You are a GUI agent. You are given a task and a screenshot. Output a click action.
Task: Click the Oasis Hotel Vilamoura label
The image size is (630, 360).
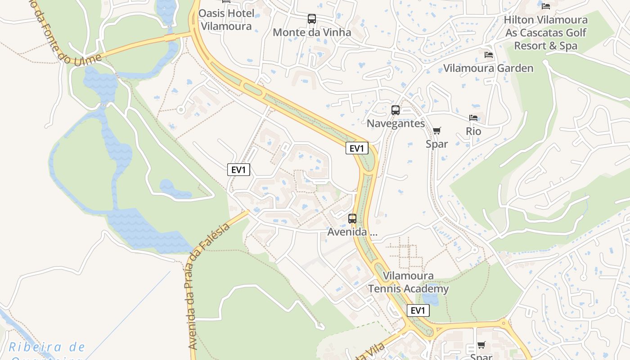(225, 20)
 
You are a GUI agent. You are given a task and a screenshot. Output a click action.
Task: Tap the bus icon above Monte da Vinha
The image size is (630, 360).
(311, 19)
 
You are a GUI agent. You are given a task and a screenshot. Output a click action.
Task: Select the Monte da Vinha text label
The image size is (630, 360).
(312, 32)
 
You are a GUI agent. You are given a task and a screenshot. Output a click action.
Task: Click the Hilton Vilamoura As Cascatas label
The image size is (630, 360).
(545, 33)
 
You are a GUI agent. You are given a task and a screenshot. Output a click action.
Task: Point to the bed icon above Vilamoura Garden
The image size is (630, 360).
(488, 55)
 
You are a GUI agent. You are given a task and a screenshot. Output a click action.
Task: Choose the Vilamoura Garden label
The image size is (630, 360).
(488, 68)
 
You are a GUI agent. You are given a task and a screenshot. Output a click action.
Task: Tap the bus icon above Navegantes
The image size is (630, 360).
(396, 110)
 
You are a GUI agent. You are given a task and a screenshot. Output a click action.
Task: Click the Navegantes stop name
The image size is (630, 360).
(396, 123)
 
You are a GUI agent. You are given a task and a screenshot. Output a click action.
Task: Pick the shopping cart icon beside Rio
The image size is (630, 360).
(436, 131)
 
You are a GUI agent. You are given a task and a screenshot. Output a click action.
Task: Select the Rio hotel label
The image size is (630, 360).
(473, 131)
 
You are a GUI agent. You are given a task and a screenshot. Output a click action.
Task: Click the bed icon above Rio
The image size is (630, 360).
(473, 118)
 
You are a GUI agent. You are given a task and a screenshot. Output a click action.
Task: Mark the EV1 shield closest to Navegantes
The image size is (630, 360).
(357, 148)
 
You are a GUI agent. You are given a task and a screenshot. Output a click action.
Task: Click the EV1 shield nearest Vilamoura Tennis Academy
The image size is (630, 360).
(418, 310)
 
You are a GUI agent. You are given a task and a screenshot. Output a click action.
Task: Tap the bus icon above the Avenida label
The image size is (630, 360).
(352, 219)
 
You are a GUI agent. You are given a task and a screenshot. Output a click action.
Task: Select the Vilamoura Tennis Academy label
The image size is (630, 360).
(408, 282)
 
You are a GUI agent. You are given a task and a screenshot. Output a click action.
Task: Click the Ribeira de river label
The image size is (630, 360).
(47, 347)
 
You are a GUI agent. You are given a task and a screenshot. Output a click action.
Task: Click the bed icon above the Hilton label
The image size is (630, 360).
(546, 6)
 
